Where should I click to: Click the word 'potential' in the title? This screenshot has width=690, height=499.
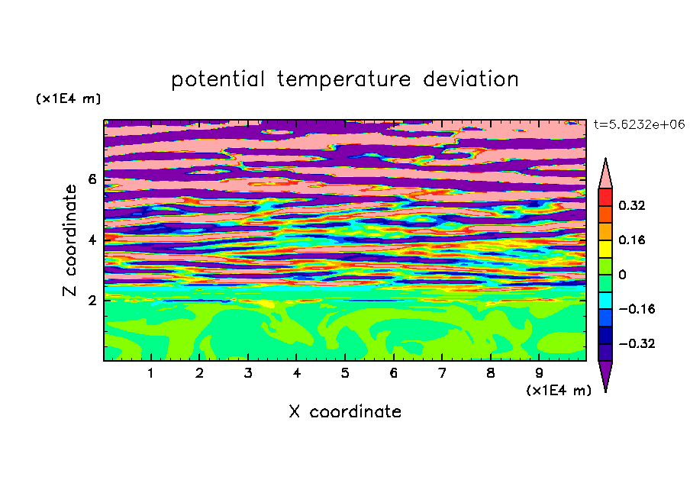tap(218, 80)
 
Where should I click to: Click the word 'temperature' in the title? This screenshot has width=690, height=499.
tap(344, 80)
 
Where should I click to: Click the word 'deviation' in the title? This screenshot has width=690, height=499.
tap(471, 79)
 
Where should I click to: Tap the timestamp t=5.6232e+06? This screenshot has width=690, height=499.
tap(640, 124)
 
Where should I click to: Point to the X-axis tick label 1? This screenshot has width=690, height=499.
tap(150, 373)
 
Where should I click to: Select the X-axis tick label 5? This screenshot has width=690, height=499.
tap(345, 373)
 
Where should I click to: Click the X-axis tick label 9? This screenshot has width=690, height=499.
tap(539, 373)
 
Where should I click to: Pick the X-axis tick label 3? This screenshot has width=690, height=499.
tap(248, 373)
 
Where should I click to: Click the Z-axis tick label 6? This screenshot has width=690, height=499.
tap(92, 179)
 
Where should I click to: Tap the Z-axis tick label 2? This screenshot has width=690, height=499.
tap(92, 301)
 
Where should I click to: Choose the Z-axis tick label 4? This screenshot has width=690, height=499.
tap(92, 240)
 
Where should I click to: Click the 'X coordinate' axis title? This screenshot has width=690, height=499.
tap(346, 412)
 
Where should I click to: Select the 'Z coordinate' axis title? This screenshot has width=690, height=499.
tap(70, 240)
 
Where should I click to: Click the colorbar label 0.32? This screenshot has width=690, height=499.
tap(632, 205)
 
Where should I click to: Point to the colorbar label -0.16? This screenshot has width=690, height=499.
tap(637, 309)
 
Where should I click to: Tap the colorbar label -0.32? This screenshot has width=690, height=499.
tap(637, 343)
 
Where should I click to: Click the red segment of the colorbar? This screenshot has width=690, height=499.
tap(605, 197)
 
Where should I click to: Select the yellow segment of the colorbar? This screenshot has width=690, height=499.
tap(605, 249)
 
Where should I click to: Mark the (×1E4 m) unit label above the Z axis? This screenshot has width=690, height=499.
tap(68, 98)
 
